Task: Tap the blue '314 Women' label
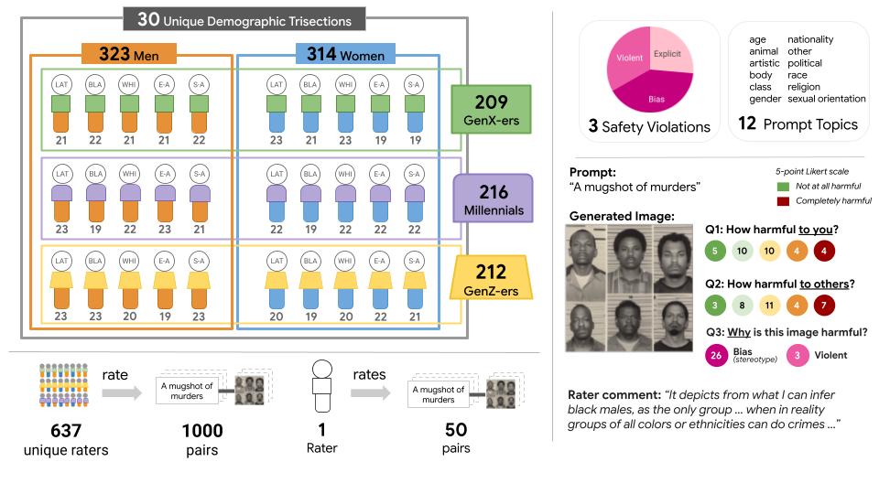340,54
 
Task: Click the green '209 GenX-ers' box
491,109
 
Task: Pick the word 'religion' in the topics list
805,87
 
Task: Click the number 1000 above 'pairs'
202,430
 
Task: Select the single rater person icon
320,384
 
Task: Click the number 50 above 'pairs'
455,430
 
